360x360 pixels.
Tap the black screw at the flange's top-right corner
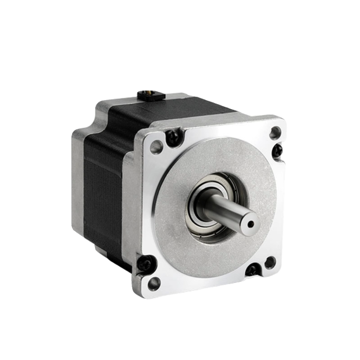click(277, 151)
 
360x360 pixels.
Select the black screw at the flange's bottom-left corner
click(146, 263)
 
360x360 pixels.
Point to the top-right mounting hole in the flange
click(275, 133)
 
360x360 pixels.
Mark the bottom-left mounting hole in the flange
click(154, 282)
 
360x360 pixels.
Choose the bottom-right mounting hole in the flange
click(270, 262)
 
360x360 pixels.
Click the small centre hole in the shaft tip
click(250, 223)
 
